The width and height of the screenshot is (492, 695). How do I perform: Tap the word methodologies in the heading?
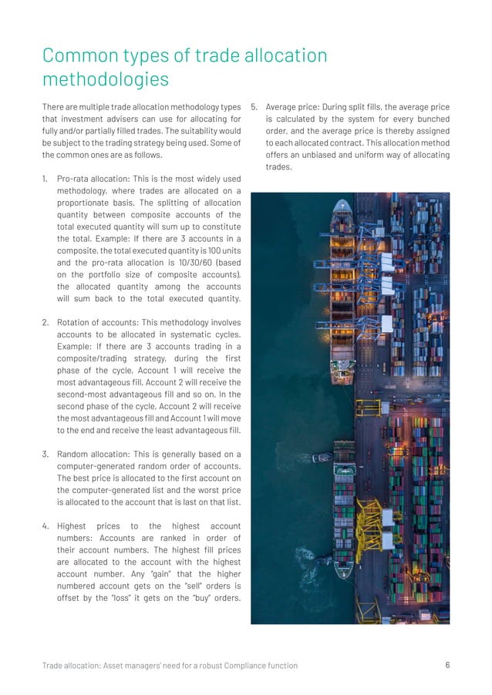pyautogui.click(x=106, y=80)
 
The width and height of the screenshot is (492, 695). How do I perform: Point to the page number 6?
pyautogui.click(x=448, y=666)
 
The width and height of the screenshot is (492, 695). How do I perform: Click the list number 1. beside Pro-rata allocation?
pyautogui.click(x=45, y=179)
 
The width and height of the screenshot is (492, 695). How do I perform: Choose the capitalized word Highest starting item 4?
pyautogui.click(x=74, y=526)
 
